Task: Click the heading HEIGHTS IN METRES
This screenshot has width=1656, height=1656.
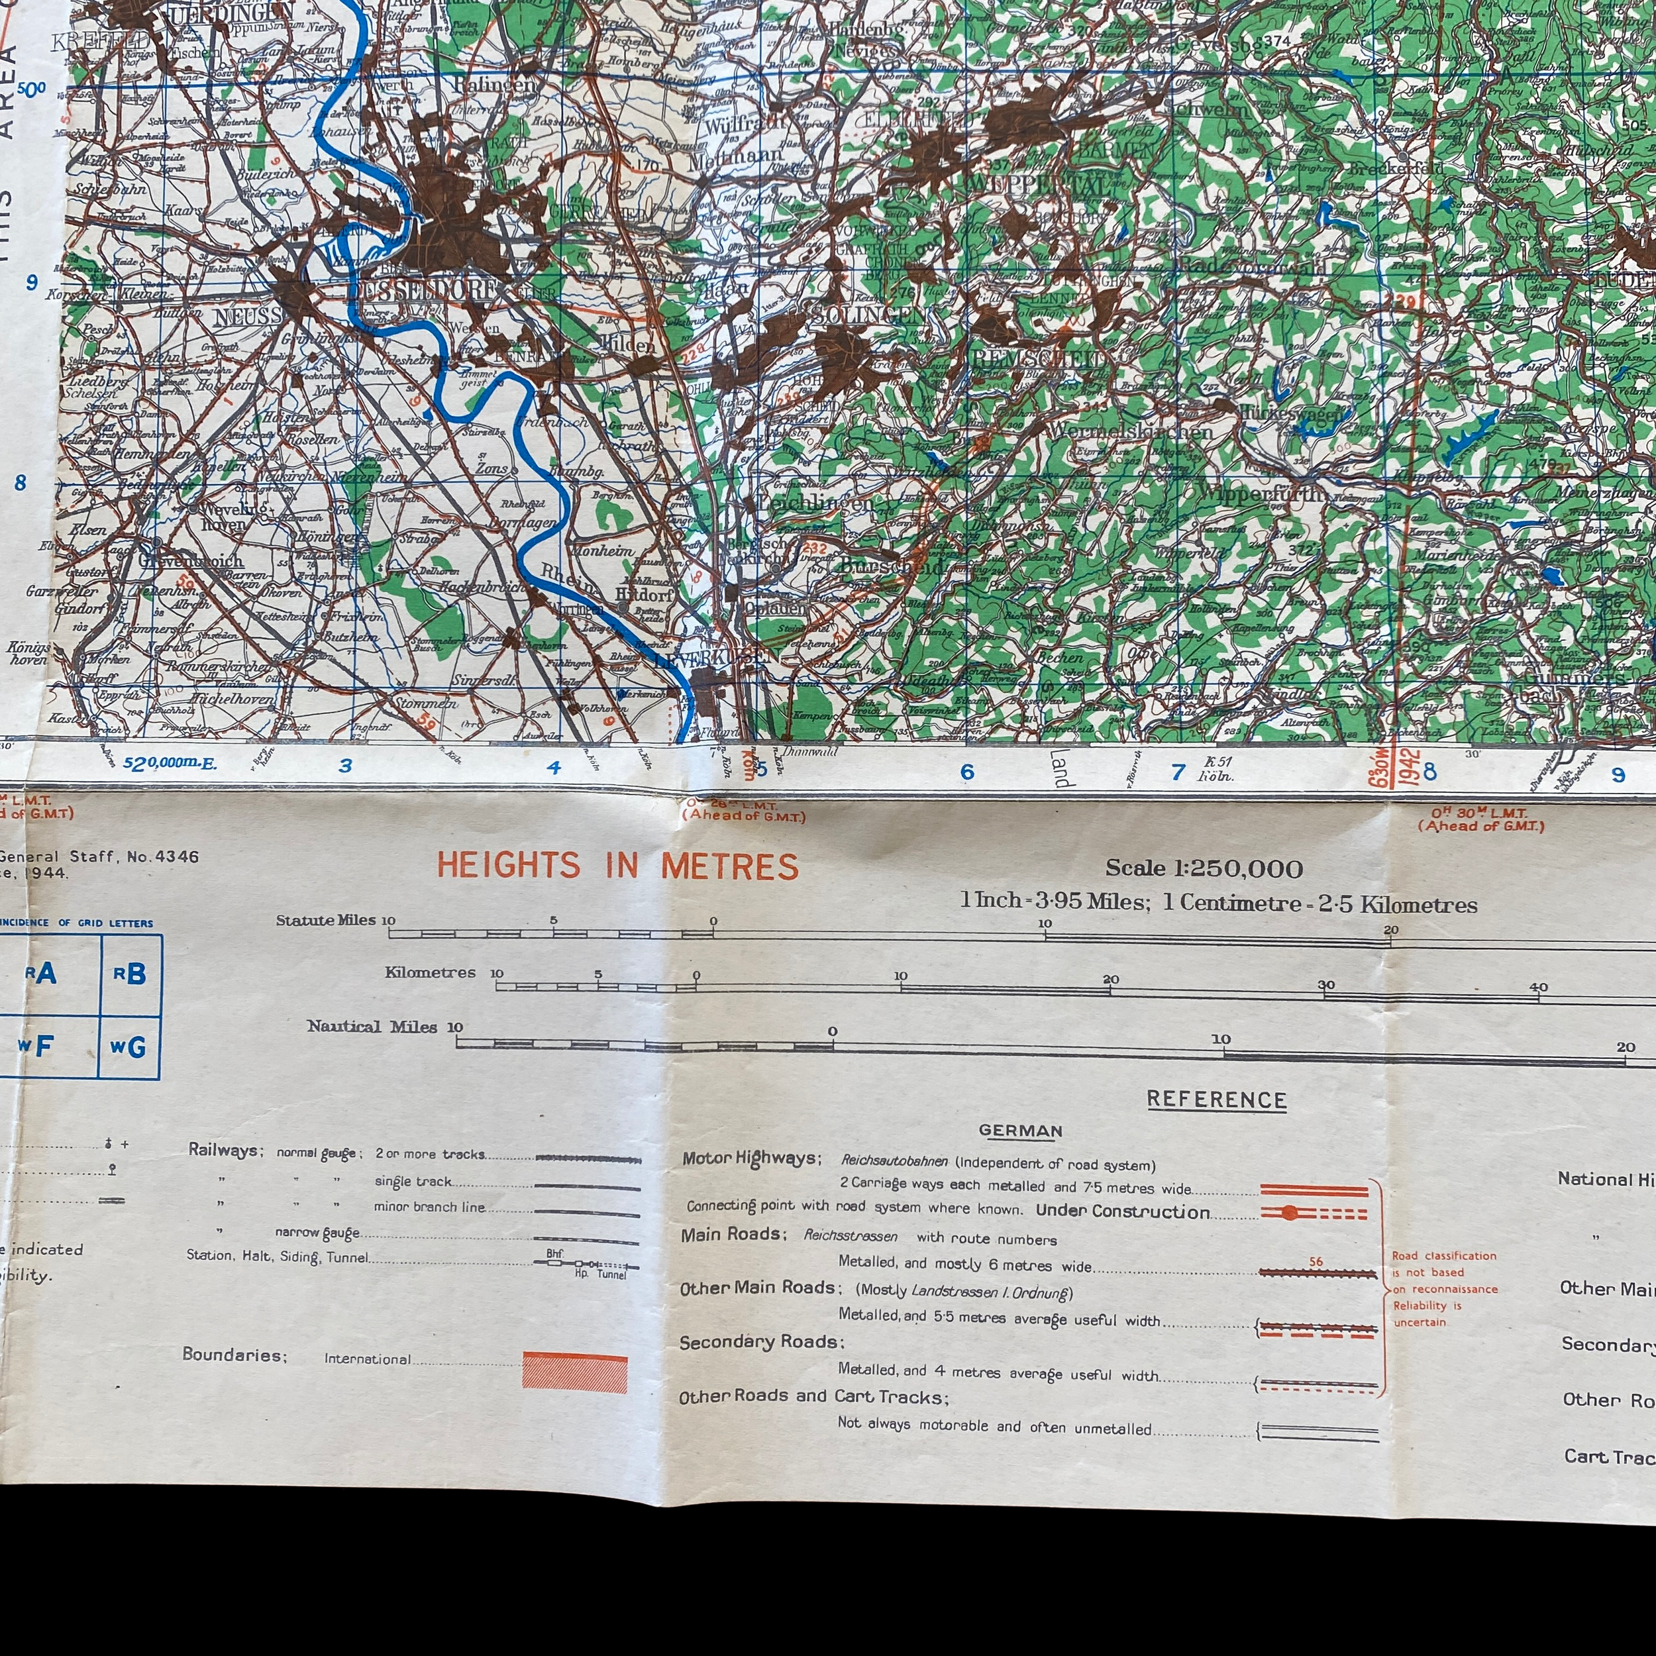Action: [x=617, y=866]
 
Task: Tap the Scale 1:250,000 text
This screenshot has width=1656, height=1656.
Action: [x=1204, y=868]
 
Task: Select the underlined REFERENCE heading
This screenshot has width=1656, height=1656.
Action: [x=1216, y=1100]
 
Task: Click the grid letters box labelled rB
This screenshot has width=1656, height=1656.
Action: [x=130, y=974]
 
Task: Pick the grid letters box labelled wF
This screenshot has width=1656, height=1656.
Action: [x=36, y=1046]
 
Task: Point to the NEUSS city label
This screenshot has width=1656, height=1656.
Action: [x=248, y=316]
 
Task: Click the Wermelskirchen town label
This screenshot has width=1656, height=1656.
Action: [x=1129, y=431]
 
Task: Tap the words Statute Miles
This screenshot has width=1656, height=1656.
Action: [x=326, y=921]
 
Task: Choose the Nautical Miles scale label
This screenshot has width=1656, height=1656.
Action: [x=372, y=1026]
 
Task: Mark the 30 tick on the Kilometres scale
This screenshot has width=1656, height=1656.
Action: [x=1326, y=986]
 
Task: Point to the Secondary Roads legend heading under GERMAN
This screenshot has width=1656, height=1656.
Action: [x=761, y=1342]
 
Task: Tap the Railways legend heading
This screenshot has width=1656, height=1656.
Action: [x=225, y=1151]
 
